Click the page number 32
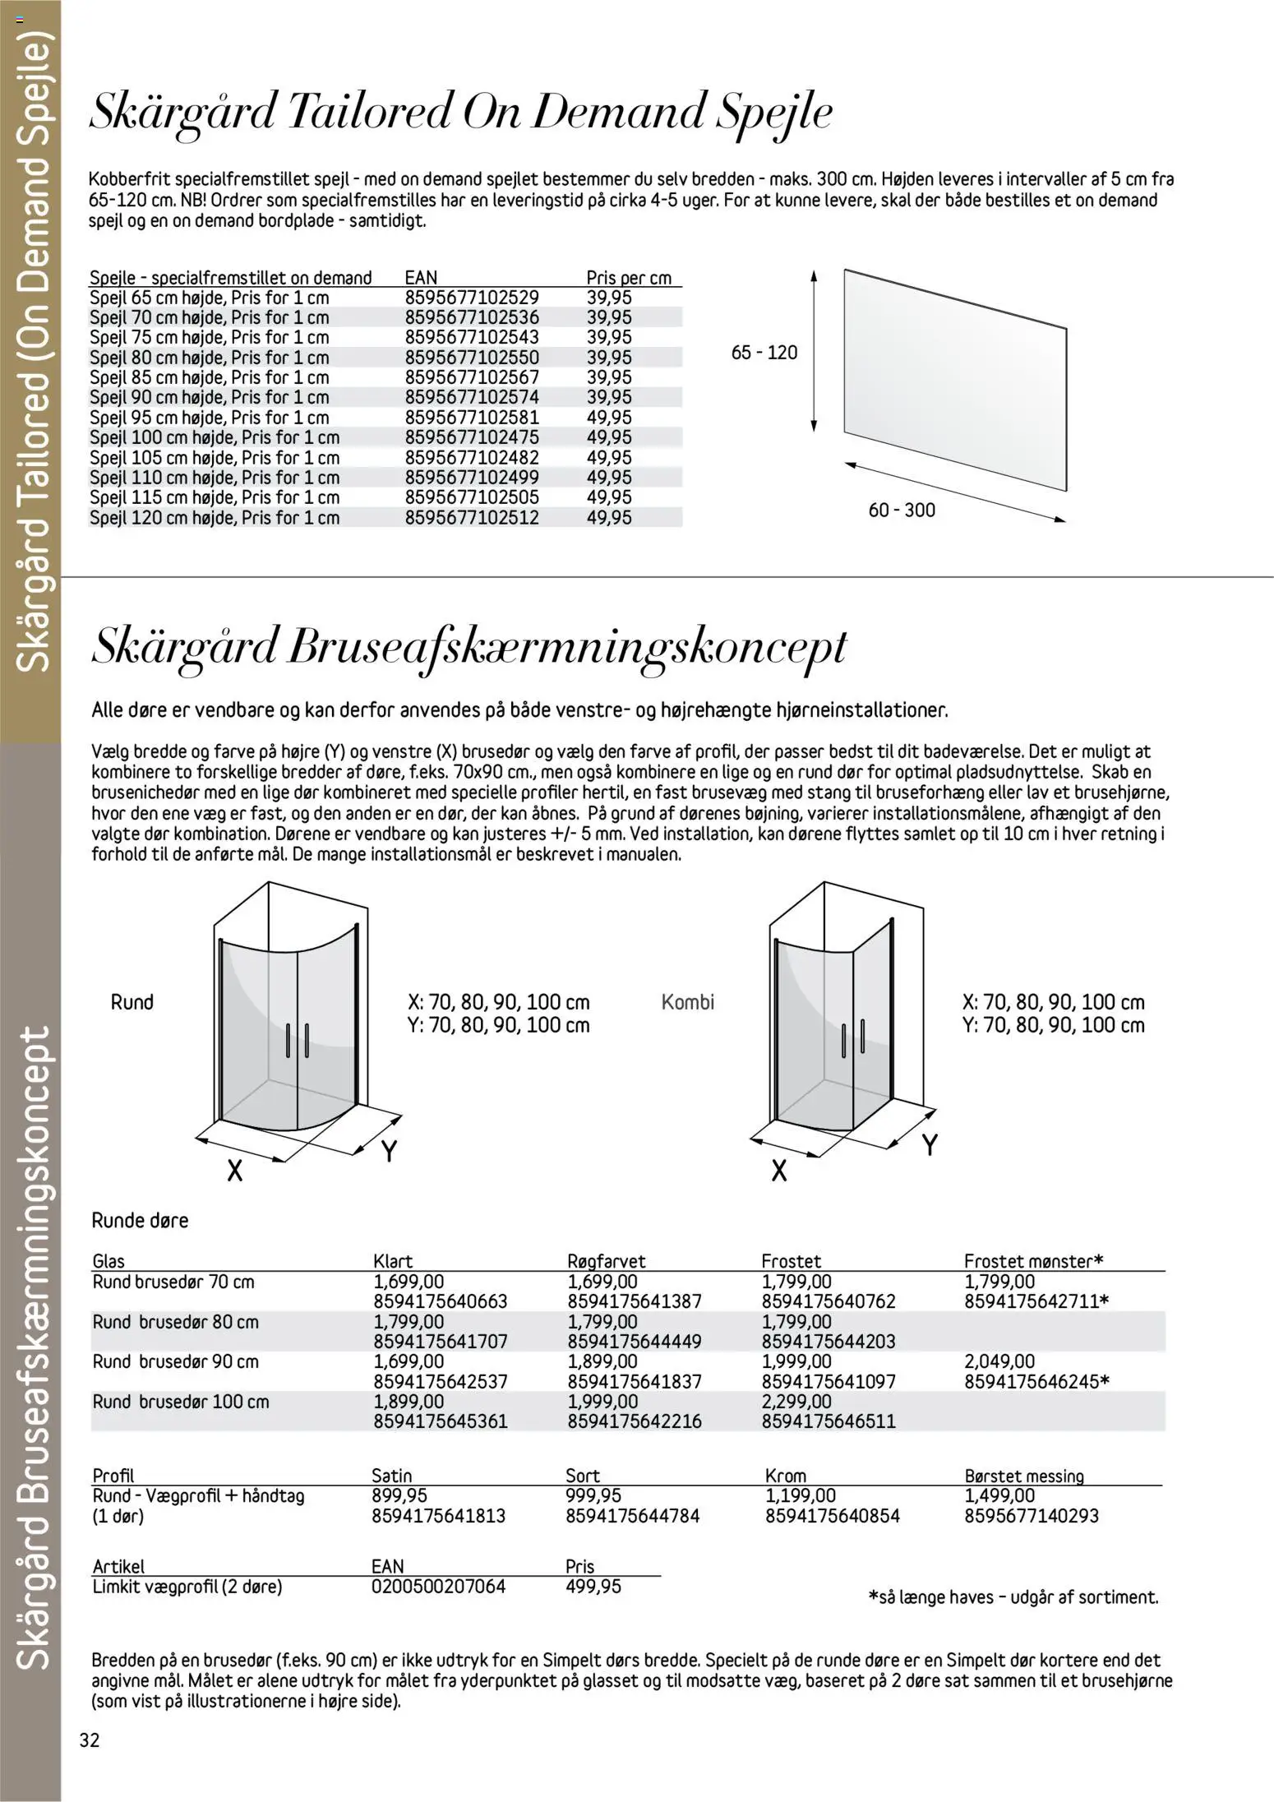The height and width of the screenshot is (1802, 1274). (x=89, y=1741)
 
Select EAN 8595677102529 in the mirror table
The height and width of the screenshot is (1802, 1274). (x=472, y=298)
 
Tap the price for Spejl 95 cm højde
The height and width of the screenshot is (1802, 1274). (x=609, y=418)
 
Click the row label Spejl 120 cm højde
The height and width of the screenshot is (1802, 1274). (x=214, y=518)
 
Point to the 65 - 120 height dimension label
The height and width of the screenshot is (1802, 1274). (x=764, y=353)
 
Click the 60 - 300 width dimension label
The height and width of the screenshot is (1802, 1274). (x=902, y=511)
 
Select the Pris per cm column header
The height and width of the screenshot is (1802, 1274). (x=629, y=278)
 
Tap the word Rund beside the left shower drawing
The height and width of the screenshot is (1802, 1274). (x=132, y=1002)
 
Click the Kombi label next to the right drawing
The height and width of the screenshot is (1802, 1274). (x=688, y=1002)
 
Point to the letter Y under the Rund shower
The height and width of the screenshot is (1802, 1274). (x=390, y=1152)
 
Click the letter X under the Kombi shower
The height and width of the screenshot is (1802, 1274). (x=779, y=1170)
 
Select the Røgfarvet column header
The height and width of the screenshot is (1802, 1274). (x=607, y=1261)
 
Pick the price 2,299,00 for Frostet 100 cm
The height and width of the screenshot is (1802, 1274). (x=796, y=1402)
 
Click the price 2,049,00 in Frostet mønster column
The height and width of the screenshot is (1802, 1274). (x=999, y=1361)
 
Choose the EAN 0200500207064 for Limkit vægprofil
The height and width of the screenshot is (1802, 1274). (x=439, y=1587)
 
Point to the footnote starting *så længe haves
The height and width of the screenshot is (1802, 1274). (x=1013, y=1597)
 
